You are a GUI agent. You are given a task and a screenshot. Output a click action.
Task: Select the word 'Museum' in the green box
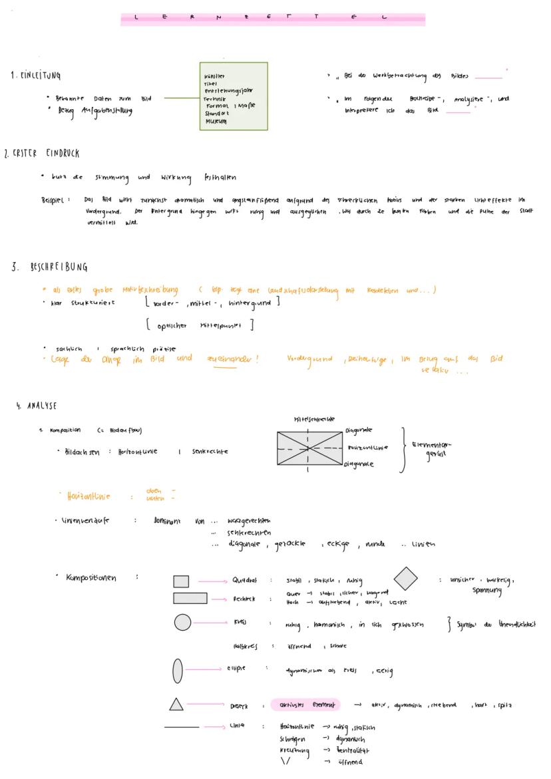point(216,122)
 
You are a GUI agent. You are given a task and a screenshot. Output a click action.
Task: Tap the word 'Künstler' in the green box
point(215,77)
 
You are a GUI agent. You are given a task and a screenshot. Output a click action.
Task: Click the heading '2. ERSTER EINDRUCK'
point(41,154)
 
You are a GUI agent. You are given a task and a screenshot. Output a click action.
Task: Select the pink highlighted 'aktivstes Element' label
point(306,704)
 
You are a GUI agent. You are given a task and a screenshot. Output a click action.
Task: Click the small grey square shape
point(181,581)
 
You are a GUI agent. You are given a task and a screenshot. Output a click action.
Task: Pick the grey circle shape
point(182,623)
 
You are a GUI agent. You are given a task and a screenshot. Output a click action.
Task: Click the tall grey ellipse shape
point(177,670)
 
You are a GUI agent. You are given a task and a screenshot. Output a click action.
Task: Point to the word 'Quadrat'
point(246,580)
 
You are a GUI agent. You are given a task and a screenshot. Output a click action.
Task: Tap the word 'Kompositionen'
point(91,577)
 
